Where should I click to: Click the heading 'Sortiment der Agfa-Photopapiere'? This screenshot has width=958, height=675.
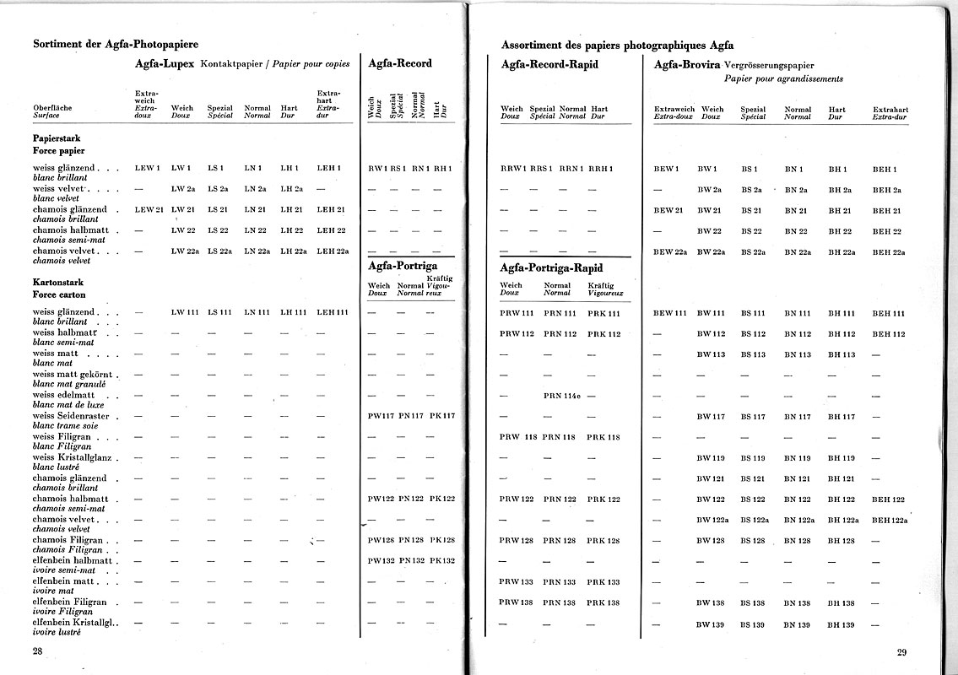tap(116, 44)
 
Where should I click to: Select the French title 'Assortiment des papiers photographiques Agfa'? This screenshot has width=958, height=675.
tap(617, 46)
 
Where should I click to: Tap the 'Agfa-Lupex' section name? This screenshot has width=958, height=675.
tap(165, 63)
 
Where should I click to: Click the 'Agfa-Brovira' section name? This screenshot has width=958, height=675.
tap(686, 64)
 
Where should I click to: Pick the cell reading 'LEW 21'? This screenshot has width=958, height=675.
tap(149, 209)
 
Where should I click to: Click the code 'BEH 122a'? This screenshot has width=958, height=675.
tap(890, 520)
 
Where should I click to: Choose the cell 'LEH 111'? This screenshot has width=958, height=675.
tap(332, 313)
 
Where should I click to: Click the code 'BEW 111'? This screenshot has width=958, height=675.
tap(670, 313)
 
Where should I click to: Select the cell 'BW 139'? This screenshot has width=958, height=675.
tap(711, 624)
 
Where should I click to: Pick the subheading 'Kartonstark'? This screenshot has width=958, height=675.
tap(57, 282)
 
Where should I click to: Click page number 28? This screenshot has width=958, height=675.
tap(38, 651)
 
